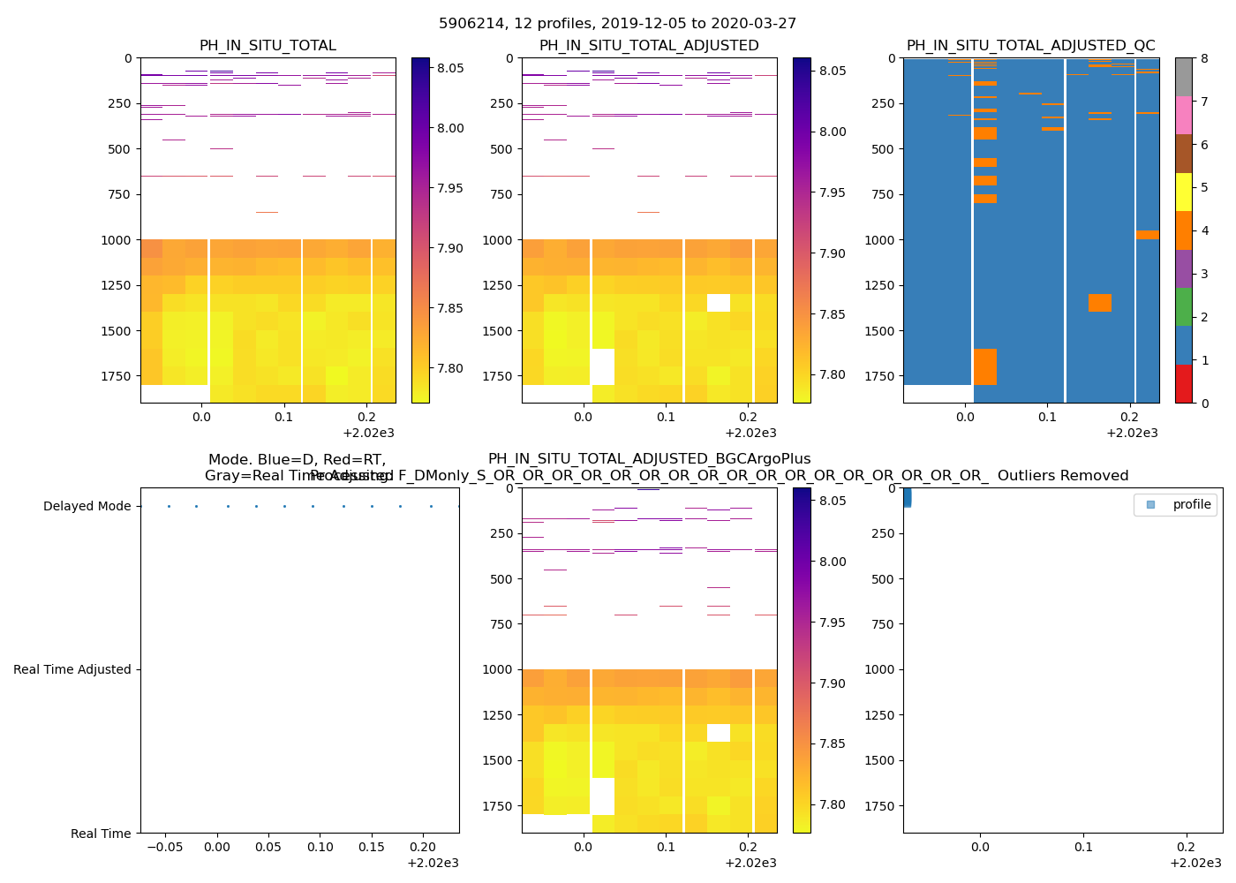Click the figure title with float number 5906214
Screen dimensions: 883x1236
(x=617, y=24)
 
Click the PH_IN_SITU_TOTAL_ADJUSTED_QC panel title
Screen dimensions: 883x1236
(x=1030, y=46)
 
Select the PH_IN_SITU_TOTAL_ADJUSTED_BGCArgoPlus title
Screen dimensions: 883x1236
(x=649, y=459)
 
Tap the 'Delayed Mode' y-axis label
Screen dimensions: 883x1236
(x=87, y=507)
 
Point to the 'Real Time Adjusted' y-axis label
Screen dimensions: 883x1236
(x=72, y=670)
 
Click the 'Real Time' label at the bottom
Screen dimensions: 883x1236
(x=101, y=834)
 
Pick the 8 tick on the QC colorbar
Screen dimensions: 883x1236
(x=1204, y=58)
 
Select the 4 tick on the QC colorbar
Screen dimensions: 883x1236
(x=1204, y=230)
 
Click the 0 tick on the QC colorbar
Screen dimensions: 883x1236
(x=1204, y=403)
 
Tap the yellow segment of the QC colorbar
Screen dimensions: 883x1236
(x=1183, y=192)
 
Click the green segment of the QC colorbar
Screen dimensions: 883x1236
(x=1183, y=307)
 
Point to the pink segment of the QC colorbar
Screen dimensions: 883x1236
(x=1183, y=116)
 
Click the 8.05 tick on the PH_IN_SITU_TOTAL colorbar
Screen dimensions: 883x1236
(x=446, y=68)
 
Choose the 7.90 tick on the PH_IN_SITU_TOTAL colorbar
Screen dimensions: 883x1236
(x=446, y=248)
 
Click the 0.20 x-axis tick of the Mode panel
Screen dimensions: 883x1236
(x=423, y=847)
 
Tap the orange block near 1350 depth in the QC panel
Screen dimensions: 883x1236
(x=1099, y=303)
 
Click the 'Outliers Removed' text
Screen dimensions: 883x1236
(x=1063, y=476)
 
